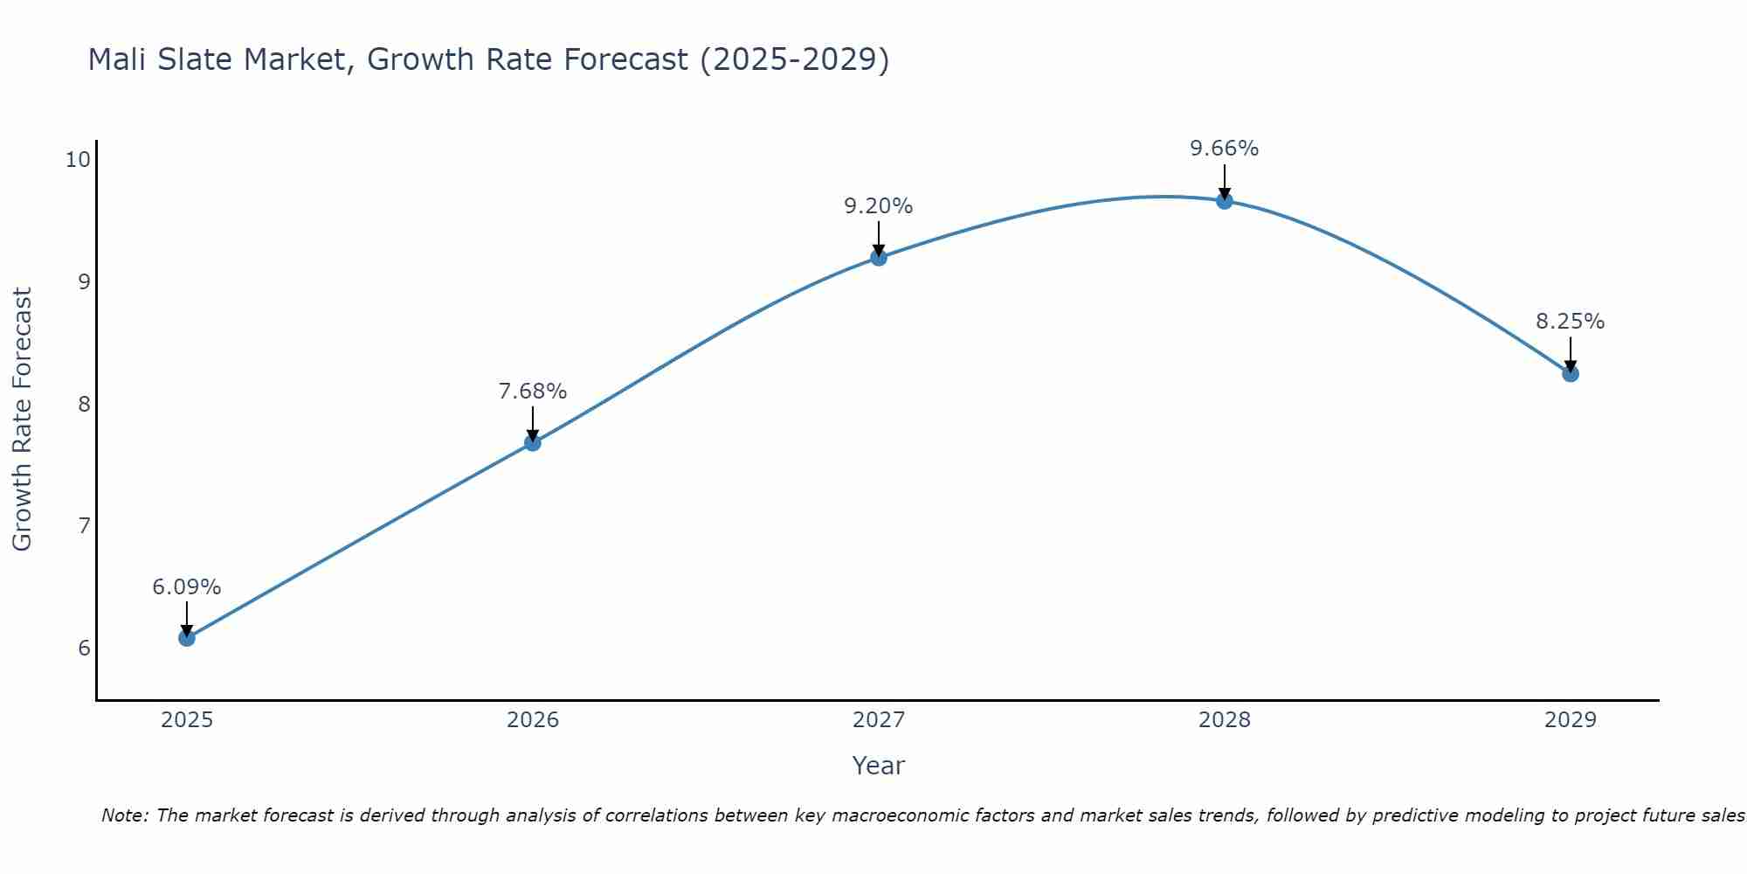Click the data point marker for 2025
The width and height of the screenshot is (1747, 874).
pyautogui.click(x=187, y=638)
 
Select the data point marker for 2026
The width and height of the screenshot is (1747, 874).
pyautogui.click(x=533, y=443)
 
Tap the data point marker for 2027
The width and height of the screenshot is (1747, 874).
pyautogui.click(x=879, y=257)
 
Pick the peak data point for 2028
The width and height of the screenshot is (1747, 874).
pyautogui.click(x=1225, y=201)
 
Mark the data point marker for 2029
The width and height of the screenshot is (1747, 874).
pyautogui.click(x=1571, y=374)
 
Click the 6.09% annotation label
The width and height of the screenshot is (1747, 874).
pyautogui.click(x=187, y=587)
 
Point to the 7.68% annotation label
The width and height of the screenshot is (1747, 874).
pyautogui.click(x=533, y=392)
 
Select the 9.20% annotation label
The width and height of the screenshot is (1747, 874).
pyautogui.click(x=879, y=206)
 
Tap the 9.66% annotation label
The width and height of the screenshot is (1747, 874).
pyautogui.click(x=1225, y=149)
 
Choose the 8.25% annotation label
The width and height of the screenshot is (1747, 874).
pyautogui.click(x=1571, y=322)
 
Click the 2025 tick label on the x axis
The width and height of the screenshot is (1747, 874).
pyautogui.click(x=187, y=720)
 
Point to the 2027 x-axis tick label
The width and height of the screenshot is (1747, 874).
pyautogui.click(x=879, y=720)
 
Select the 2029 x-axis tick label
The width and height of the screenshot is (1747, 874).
pyautogui.click(x=1571, y=720)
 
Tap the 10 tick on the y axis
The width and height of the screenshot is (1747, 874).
pyautogui.click(x=78, y=159)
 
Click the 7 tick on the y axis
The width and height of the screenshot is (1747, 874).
pyautogui.click(x=84, y=526)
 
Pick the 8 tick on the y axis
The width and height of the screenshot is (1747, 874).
pyautogui.click(x=84, y=404)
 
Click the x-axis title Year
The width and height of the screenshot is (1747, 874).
pyautogui.click(x=879, y=766)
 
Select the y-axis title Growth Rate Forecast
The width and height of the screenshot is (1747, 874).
pyautogui.click(x=22, y=420)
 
